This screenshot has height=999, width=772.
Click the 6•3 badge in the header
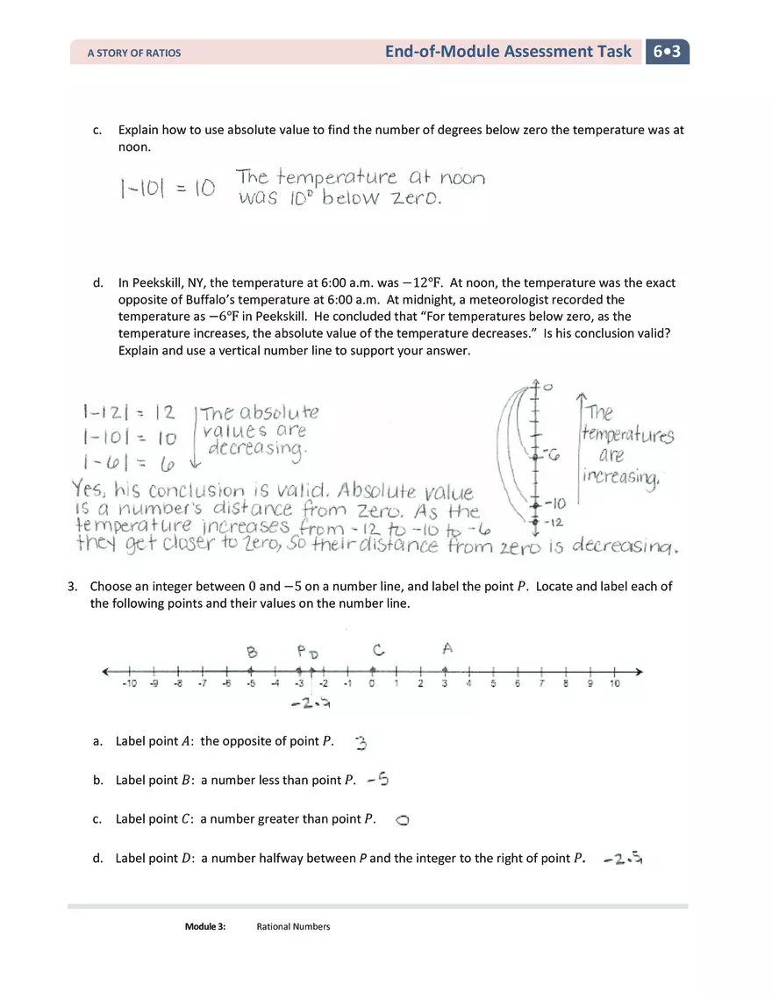[668, 52]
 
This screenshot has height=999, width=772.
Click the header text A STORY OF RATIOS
[134, 54]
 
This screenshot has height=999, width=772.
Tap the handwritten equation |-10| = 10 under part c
[168, 189]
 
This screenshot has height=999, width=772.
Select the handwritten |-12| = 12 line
[128, 412]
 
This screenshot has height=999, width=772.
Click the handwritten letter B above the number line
[253, 652]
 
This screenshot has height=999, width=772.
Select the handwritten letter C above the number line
[378, 650]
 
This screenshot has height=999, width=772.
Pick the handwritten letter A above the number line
[447, 648]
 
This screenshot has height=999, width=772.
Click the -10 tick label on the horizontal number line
[129, 684]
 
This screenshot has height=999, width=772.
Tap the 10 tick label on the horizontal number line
[614, 684]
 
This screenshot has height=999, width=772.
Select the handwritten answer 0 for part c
[403, 820]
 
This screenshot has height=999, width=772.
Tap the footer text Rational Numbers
[293, 926]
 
